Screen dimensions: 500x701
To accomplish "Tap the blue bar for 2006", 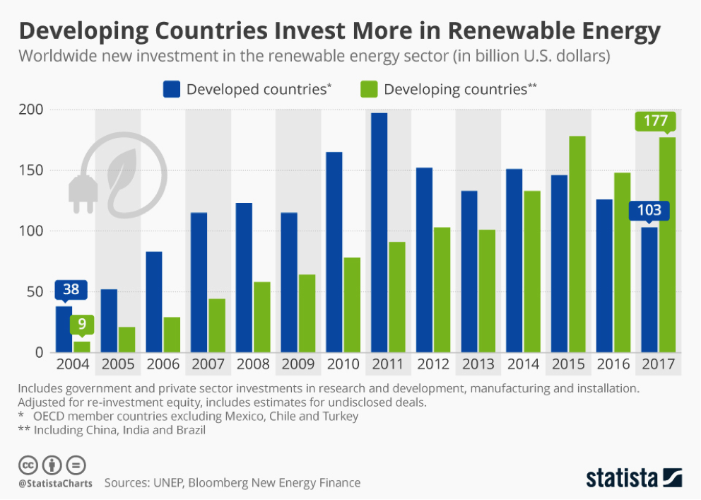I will [154, 301].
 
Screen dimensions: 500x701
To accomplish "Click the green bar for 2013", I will [487, 291].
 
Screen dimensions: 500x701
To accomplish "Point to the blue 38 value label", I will [71, 289].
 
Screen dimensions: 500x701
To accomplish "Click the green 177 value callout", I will [656, 121].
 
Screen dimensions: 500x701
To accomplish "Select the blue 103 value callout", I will [648, 210].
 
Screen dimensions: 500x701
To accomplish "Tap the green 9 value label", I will [82, 325].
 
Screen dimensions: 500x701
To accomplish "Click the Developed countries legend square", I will [172, 89].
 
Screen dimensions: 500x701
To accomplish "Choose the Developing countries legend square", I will [369, 89].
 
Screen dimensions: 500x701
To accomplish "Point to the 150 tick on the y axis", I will [32, 170].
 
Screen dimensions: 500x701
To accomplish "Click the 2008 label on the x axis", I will [253, 365].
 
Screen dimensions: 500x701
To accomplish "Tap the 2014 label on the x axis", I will [523, 365].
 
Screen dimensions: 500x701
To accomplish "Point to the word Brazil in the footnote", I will [189, 430].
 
